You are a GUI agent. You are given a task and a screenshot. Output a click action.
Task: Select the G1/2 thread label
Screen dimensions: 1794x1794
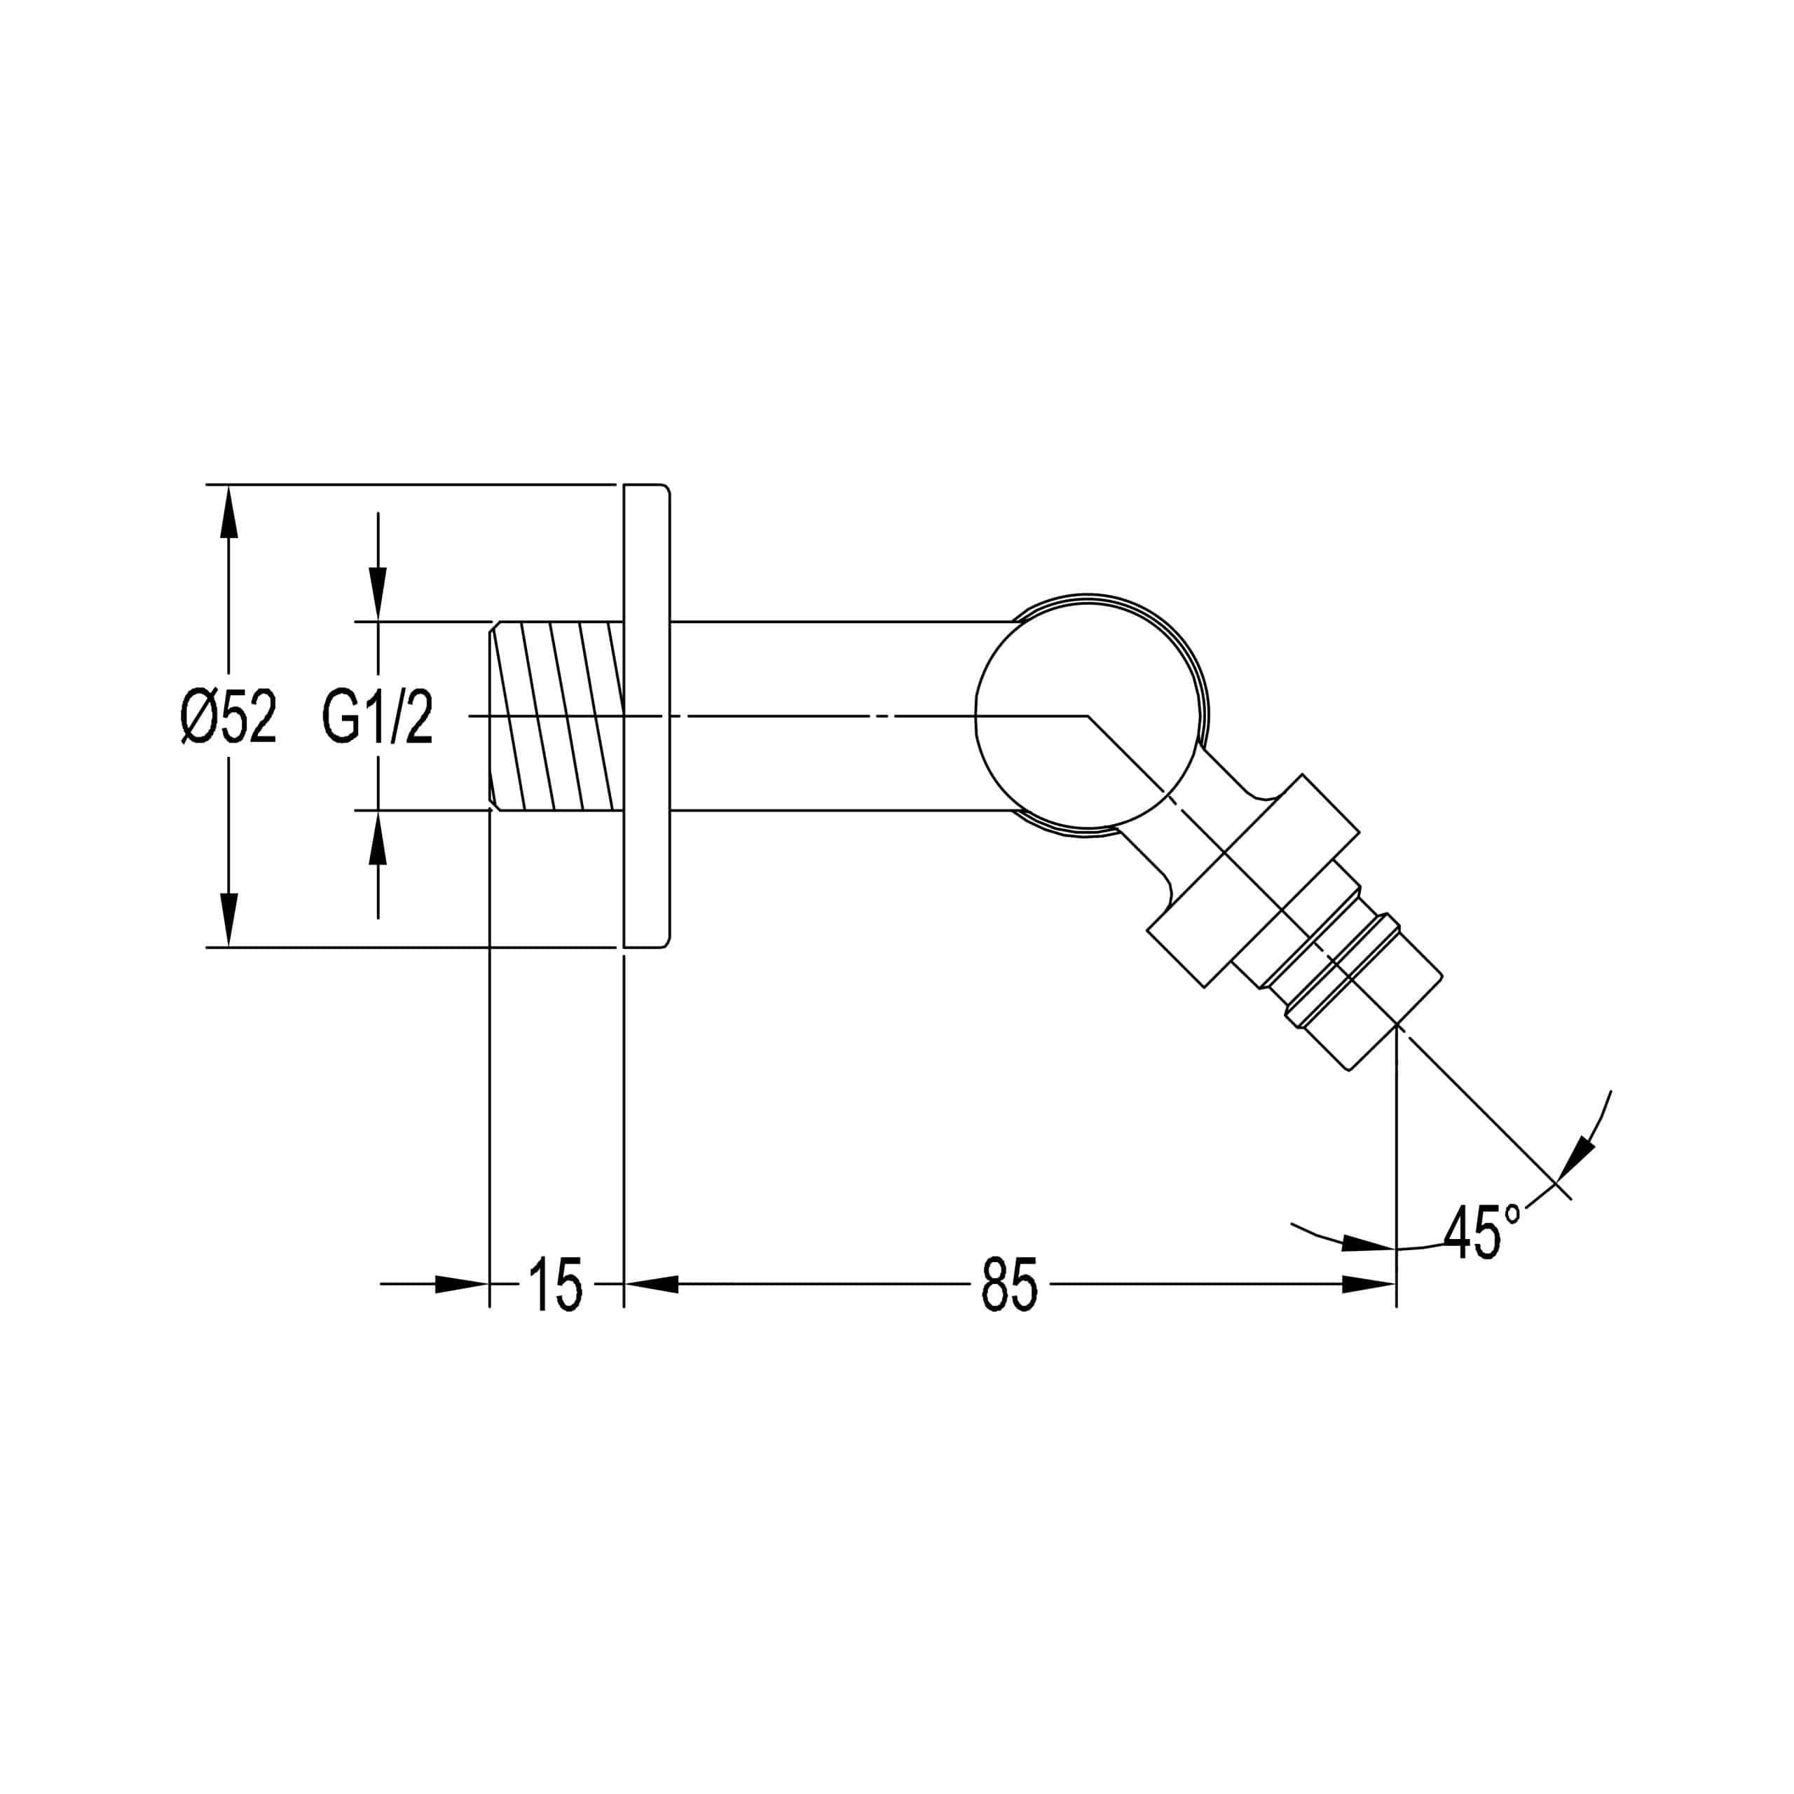[x=378, y=718]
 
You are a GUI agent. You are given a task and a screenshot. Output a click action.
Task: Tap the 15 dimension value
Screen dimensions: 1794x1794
[x=555, y=1285]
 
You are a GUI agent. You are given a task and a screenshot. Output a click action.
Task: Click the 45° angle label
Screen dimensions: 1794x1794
[x=1482, y=1232]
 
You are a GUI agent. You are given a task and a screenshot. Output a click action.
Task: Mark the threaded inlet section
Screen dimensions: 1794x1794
[x=556, y=716]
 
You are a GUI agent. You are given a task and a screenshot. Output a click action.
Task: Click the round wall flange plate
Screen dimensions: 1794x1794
[x=646, y=716]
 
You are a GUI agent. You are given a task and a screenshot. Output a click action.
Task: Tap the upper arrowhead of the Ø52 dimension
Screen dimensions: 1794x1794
[x=228, y=512]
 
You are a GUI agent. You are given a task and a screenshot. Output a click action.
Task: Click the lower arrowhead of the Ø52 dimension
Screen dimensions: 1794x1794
[x=228, y=920]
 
